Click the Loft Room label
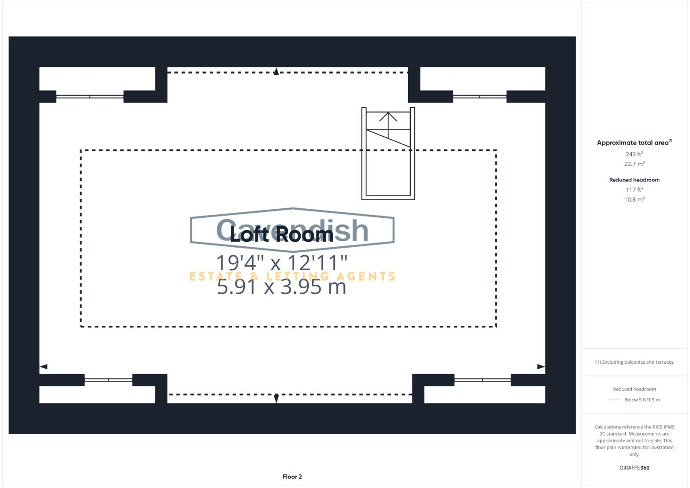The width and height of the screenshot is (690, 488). click(281, 235)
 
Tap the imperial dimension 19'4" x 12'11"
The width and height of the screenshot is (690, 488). click(282, 263)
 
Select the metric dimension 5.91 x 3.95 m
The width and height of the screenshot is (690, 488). click(282, 286)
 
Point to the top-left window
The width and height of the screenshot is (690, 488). click(89, 96)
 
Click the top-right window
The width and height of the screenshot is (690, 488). click(479, 96)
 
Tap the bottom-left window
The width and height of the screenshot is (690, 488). click(108, 380)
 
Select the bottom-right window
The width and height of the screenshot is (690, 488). click(482, 380)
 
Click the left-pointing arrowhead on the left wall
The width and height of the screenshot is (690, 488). click(43, 366)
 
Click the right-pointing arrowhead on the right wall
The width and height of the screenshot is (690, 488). click(541, 366)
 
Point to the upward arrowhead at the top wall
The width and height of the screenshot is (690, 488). click(276, 71)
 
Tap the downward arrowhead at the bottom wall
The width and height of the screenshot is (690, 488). click(276, 398)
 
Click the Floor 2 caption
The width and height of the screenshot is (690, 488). click(292, 477)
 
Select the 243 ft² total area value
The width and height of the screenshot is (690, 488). click(634, 154)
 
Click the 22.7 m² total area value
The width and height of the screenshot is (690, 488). click(634, 164)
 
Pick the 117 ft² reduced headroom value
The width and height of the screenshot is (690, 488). click(634, 190)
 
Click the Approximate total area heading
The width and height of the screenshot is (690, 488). click(634, 143)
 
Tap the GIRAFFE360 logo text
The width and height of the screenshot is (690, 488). click(634, 468)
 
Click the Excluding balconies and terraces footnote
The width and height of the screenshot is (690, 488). click(634, 362)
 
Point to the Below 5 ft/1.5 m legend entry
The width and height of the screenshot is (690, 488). click(642, 400)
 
